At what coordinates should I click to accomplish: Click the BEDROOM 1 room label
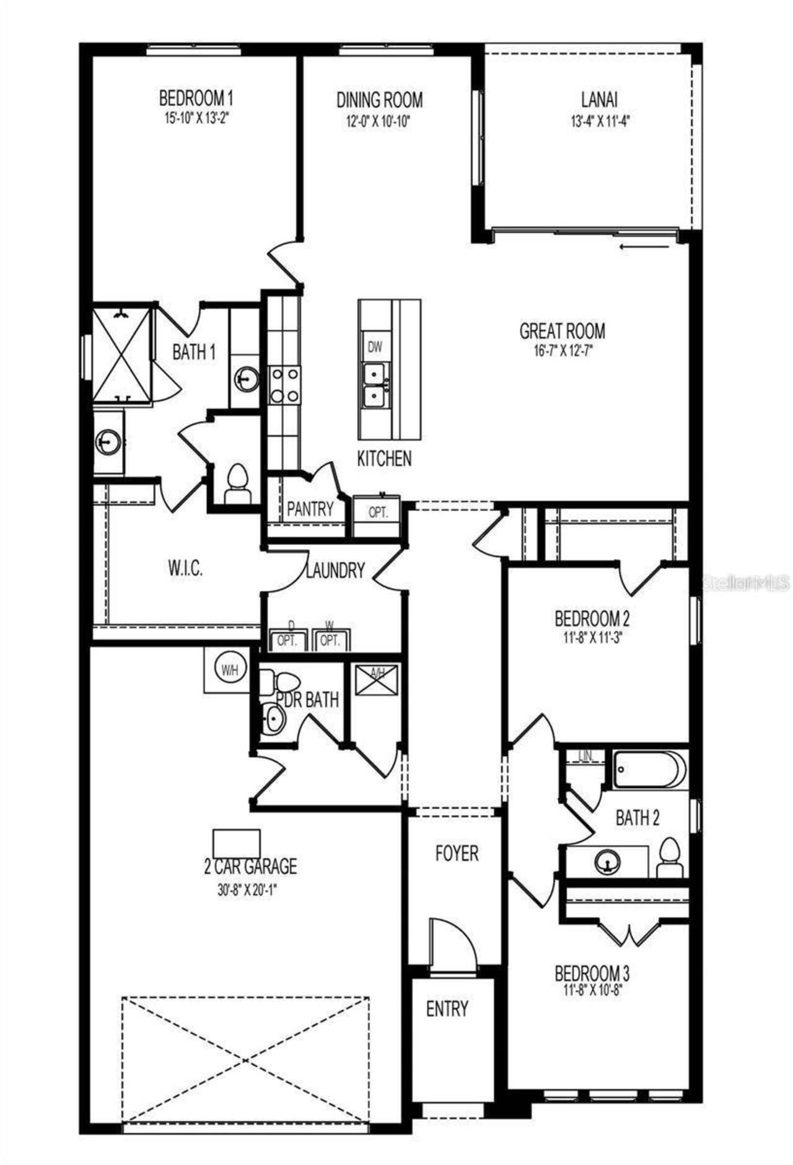(196, 98)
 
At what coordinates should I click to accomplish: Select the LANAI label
(599, 99)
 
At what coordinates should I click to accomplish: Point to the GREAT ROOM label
(562, 330)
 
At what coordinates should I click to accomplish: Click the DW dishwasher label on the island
(375, 348)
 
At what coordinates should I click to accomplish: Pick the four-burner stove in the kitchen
(285, 385)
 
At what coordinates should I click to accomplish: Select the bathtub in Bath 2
(649, 769)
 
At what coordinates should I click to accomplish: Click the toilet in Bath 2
(668, 858)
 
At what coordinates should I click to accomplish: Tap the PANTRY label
(310, 509)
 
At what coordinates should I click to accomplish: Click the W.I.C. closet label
(185, 569)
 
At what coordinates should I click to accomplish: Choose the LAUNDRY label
(335, 570)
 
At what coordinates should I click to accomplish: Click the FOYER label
(457, 853)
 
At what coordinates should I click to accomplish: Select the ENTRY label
(447, 1009)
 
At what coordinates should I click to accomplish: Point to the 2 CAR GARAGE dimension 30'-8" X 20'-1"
(247, 890)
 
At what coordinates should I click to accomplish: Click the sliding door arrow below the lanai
(644, 246)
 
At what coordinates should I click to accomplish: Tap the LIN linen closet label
(585, 756)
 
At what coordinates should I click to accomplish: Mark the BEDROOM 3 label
(592, 974)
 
